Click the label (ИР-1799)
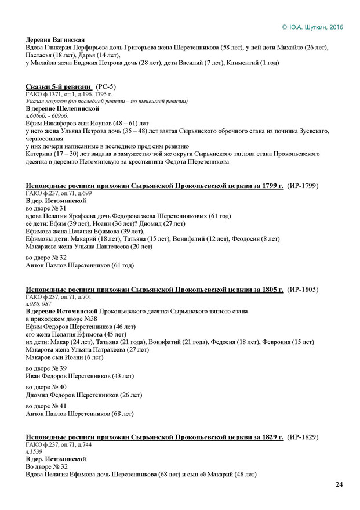tap(306, 185)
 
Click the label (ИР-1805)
tap(306, 289)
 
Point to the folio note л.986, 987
tap(39, 305)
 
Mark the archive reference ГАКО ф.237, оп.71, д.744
tap(59, 444)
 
